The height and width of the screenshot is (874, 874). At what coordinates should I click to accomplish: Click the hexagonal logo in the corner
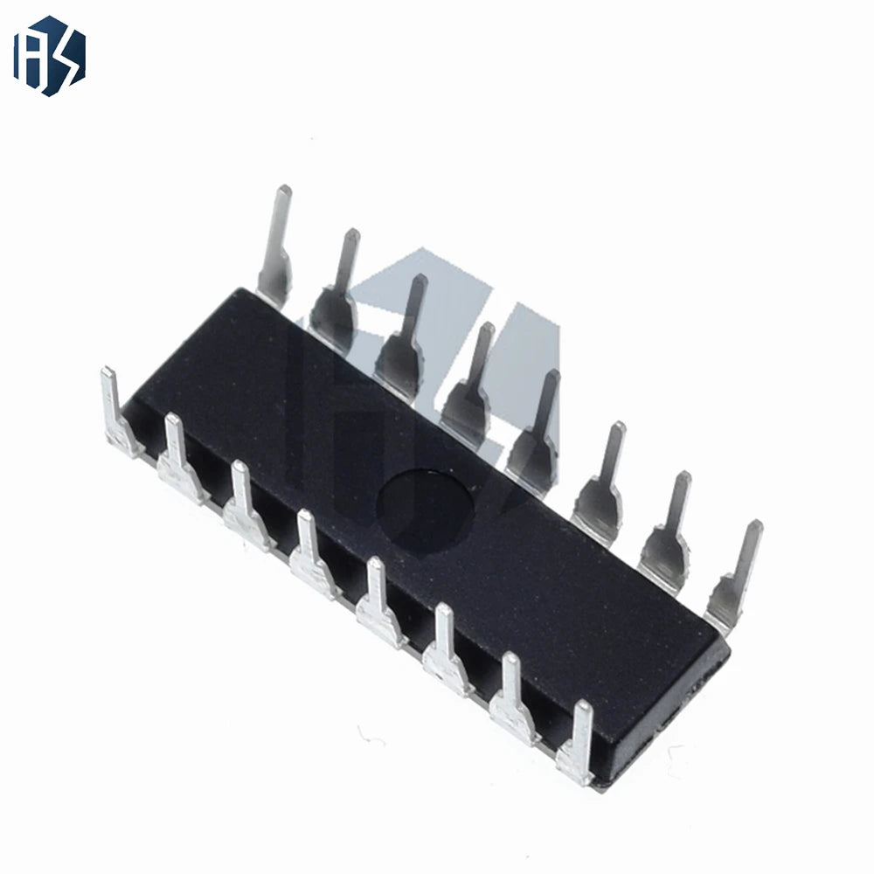(x=50, y=56)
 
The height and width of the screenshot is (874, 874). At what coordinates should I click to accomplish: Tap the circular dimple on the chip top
(x=425, y=511)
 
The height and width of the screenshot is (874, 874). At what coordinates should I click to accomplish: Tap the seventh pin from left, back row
(x=666, y=530)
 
